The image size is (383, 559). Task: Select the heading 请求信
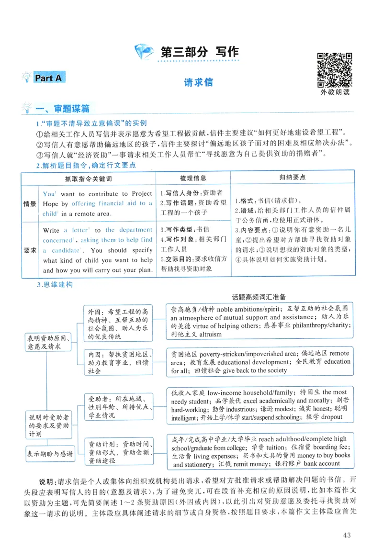pyautogui.click(x=198, y=82)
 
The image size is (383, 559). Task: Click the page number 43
pyautogui.click(x=347, y=535)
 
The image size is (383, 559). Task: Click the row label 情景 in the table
pyautogui.click(x=30, y=204)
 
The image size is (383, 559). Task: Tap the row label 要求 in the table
pyautogui.click(x=30, y=250)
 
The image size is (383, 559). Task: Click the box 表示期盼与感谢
pyautogui.click(x=50, y=453)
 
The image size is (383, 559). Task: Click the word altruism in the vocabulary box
pyautogui.click(x=210, y=335)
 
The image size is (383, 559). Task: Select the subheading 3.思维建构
pyautogui.click(x=55, y=285)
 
